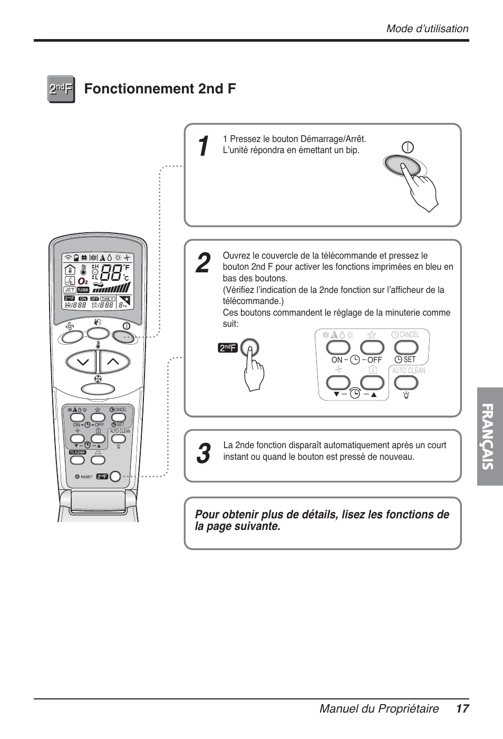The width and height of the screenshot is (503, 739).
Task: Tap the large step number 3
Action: tap(202, 453)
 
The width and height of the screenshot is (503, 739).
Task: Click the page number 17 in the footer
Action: tap(462, 709)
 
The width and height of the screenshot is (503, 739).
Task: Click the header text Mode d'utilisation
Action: tap(427, 29)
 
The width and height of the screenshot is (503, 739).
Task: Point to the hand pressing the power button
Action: tap(422, 187)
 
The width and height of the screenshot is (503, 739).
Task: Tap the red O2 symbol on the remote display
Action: tap(83, 281)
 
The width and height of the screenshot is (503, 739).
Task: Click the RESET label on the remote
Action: tap(86, 477)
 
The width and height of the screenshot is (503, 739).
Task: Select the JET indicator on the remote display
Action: tap(70, 290)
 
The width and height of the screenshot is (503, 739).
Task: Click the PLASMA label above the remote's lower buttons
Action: tap(78, 452)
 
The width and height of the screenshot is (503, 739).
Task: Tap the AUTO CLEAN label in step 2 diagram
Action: tap(409, 371)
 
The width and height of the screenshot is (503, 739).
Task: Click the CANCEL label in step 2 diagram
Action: tap(409, 335)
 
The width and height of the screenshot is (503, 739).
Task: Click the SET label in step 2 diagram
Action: tap(409, 359)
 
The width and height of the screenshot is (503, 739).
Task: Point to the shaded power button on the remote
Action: tap(124, 335)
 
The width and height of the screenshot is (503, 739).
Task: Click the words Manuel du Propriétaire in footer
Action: tap(379, 709)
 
